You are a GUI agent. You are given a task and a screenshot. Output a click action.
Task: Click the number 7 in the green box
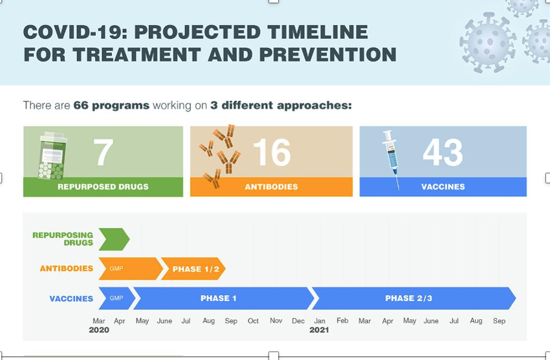(x=104, y=153)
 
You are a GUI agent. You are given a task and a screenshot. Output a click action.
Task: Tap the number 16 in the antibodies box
(x=272, y=153)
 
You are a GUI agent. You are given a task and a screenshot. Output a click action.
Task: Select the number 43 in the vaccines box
(x=443, y=153)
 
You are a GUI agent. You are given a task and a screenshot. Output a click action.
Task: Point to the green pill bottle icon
(x=52, y=156)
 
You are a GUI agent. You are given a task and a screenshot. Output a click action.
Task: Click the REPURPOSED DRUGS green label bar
(x=103, y=186)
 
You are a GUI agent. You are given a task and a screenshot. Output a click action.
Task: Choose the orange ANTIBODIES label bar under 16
(x=271, y=186)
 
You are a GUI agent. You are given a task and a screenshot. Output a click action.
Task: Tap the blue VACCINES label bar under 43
(x=443, y=186)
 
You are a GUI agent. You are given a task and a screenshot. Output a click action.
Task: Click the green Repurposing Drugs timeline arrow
(x=114, y=239)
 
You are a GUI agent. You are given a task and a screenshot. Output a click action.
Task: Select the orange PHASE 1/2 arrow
(x=193, y=269)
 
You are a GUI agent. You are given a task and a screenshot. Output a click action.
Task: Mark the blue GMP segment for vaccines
(x=116, y=298)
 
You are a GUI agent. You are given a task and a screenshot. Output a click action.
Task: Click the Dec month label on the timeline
(x=298, y=321)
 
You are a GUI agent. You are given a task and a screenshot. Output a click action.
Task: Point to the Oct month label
(x=253, y=321)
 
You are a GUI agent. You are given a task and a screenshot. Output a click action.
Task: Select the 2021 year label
(x=319, y=330)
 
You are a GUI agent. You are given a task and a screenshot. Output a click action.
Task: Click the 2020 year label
(x=99, y=330)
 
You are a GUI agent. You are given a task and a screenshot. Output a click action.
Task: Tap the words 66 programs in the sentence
(x=111, y=105)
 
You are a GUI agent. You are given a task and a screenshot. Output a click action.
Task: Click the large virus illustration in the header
(x=487, y=42)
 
